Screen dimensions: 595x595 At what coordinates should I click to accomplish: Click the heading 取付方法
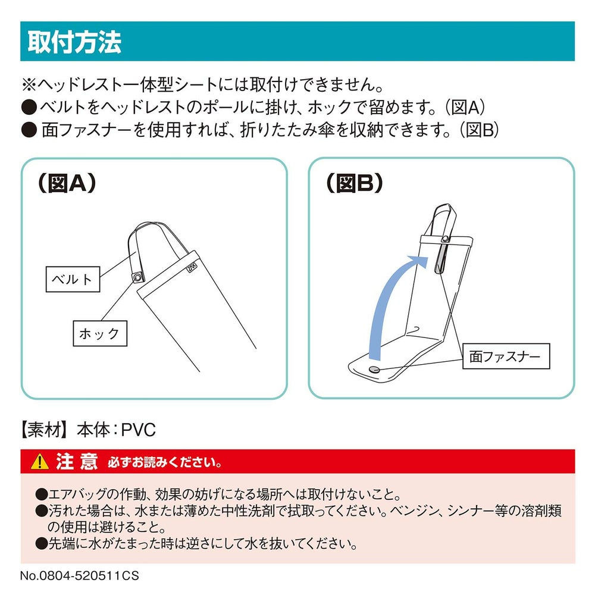74,42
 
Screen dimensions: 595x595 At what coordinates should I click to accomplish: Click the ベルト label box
73,279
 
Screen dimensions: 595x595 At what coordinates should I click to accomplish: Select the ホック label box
100,334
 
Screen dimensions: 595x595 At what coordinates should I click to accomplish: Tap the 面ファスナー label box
506,356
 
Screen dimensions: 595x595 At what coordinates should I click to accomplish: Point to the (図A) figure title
67,184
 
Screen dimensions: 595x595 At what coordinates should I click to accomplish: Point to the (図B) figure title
355,184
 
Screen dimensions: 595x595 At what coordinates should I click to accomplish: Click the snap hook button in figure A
137,278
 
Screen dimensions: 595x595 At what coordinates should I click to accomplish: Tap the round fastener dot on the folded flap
374,370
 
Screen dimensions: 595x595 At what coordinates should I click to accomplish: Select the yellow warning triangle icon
39,462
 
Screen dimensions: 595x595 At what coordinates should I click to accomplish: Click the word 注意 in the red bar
77,462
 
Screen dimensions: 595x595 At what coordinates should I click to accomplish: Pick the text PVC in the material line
139,430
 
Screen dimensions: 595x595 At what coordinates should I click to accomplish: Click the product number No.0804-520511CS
80,575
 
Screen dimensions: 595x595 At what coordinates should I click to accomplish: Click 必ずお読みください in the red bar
165,463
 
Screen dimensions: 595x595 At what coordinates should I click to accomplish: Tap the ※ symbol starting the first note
29,84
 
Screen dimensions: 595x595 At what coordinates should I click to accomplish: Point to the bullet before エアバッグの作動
41,494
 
